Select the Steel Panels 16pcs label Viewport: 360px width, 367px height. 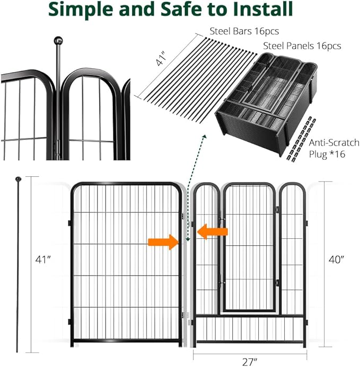click(x=302, y=46)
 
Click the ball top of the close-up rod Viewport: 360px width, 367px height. click(x=59, y=40)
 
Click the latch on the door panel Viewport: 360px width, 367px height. click(x=276, y=211)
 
